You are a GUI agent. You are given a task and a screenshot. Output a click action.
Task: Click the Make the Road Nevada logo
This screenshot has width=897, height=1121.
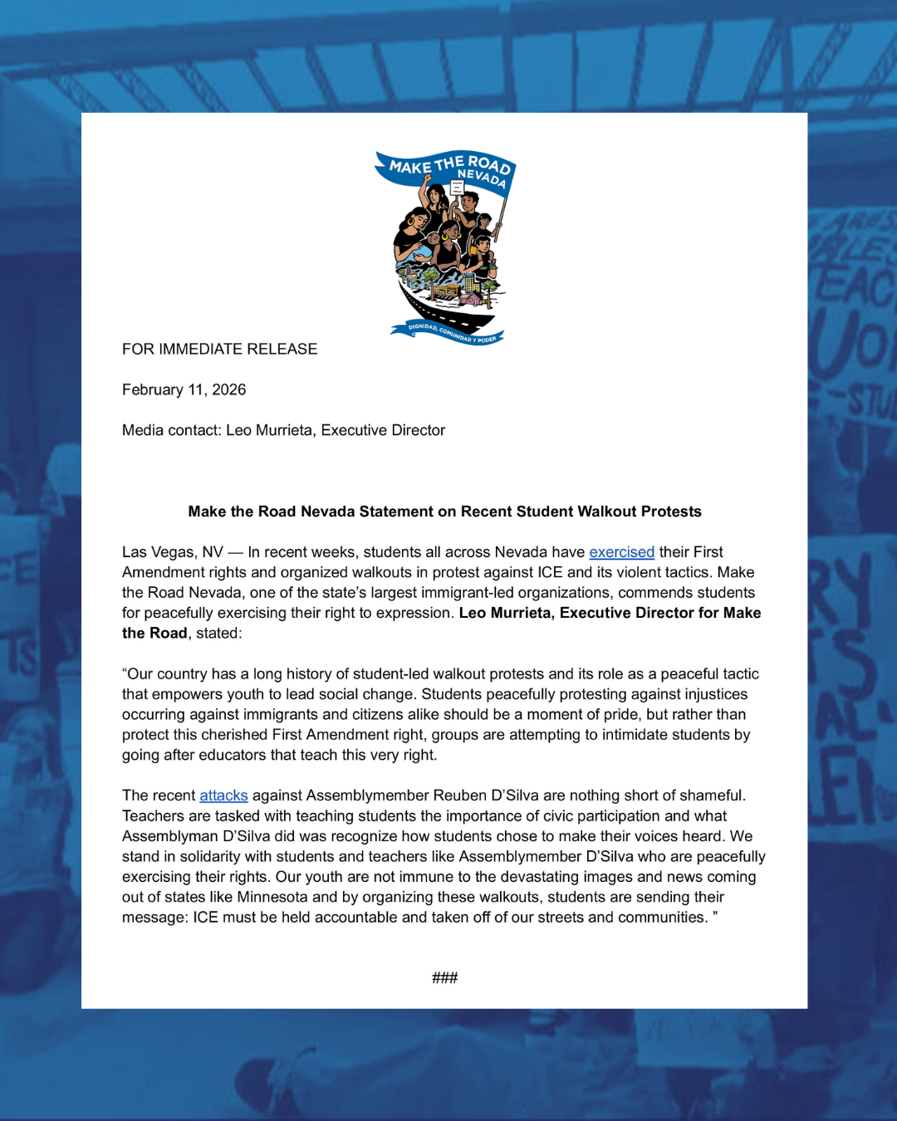(445, 247)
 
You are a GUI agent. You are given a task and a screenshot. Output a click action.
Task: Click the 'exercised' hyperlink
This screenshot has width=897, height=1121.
(621, 552)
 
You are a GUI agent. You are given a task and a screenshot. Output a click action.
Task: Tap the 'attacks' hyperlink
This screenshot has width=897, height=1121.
(223, 795)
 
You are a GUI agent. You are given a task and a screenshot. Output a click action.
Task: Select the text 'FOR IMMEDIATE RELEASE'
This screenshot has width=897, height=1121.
(219, 350)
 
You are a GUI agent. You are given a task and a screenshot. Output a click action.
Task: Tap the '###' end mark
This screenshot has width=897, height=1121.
(444, 978)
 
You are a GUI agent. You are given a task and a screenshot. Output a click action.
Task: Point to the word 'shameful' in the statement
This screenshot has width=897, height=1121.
(714, 795)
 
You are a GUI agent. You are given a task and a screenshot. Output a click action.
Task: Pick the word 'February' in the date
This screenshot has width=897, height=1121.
(153, 390)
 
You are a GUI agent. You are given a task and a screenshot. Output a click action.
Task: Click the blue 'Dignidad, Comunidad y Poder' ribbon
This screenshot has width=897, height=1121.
(448, 333)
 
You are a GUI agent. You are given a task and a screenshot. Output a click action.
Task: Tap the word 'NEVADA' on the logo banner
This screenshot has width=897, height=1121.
(482, 177)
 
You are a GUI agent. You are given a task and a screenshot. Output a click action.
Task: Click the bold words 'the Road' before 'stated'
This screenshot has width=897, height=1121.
(154, 634)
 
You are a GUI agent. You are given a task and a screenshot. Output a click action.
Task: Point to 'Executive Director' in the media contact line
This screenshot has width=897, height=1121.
(383, 431)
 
